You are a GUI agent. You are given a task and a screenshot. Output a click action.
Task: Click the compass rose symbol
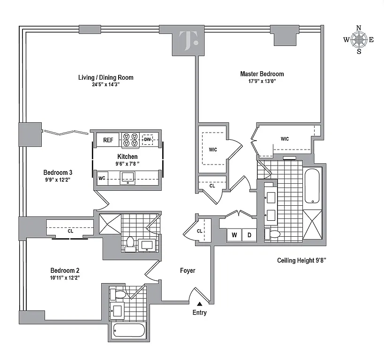click(359, 39)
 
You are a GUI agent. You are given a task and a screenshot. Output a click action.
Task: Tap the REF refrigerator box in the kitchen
click(108, 140)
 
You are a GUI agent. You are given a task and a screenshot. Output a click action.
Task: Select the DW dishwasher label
click(147, 139)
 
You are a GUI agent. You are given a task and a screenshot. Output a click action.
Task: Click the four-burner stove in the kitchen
click(129, 140)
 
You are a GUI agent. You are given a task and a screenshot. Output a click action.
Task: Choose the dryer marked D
click(249, 234)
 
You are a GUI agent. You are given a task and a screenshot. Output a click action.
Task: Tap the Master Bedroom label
click(262, 74)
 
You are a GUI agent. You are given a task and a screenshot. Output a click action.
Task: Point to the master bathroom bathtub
click(312, 187)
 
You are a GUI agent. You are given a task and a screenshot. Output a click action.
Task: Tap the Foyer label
click(188, 270)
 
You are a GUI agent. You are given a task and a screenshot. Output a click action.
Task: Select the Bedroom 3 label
click(58, 171)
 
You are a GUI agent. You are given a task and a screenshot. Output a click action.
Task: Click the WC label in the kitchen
click(102, 178)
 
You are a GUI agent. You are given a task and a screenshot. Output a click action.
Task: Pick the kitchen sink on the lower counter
click(128, 177)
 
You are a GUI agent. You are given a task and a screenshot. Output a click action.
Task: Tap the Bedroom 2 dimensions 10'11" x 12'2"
click(65, 278)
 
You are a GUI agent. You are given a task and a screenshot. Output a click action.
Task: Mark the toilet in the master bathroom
click(273, 234)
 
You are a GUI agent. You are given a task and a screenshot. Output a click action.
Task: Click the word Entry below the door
click(199, 313)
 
